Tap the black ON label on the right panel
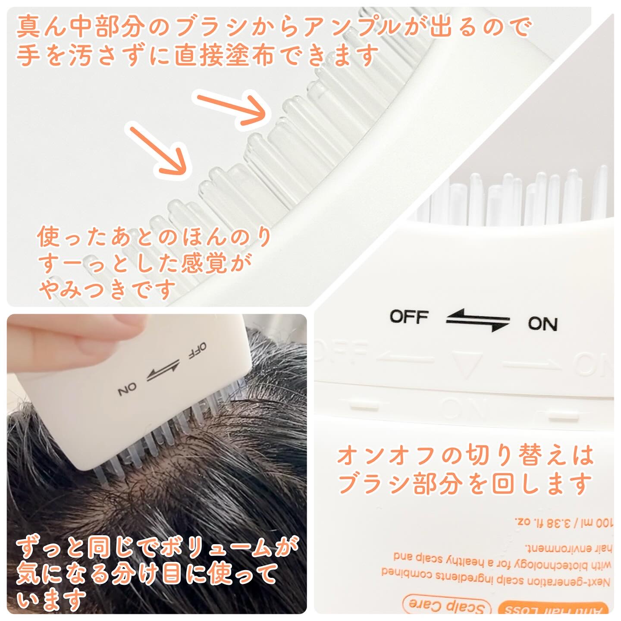point(543,323)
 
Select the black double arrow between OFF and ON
point(477,320)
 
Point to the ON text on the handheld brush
point(127,390)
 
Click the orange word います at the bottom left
point(51,599)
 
